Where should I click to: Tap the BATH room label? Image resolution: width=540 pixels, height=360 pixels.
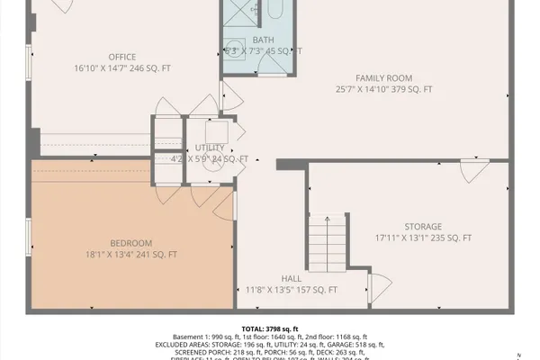tap(263, 40)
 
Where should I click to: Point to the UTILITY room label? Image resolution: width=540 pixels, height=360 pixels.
tap(210, 148)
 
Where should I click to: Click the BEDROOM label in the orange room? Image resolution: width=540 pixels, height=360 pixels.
tap(130, 243)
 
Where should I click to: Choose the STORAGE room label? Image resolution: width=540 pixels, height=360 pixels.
tap(422, 226)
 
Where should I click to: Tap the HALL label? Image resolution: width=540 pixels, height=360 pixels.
tap(291, 278)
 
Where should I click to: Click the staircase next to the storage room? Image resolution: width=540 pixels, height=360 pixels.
tap(327, 243)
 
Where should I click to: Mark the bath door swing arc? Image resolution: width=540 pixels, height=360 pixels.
tap(231, 92)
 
